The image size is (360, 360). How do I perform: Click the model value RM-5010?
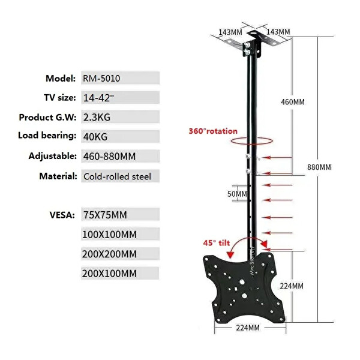[x=101, y=79]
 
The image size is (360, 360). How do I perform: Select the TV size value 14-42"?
[x=98, y=98]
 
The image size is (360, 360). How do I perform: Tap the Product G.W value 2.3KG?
[x=97, y=118]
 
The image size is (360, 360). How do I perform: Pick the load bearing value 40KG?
[x=95, y=137]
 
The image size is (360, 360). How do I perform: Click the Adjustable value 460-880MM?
[x=109, y=157]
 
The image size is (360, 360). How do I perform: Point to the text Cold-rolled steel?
[x=117, y=176]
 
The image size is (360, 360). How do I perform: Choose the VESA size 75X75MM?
[x=105, y=215]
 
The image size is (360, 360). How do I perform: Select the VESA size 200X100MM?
[x=109, y=274]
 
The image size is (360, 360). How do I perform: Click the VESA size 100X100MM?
[x=109, y=235]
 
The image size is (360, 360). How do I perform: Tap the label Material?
[x=58, y=176]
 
